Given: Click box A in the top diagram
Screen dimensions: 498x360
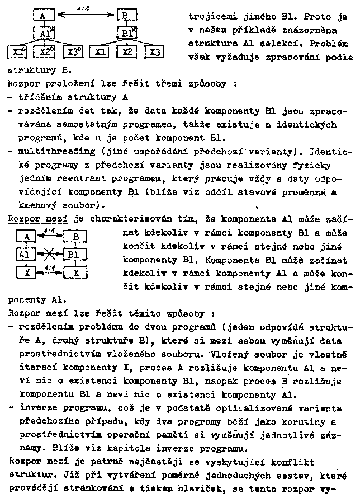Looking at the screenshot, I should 43,16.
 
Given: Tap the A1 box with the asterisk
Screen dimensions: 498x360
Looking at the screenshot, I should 44,34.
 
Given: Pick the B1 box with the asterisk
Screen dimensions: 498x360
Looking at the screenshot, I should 127,34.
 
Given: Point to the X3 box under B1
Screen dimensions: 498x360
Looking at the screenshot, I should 154,52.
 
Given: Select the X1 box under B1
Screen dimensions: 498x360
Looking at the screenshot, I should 101,52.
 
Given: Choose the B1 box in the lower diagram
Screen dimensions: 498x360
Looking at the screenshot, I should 75,255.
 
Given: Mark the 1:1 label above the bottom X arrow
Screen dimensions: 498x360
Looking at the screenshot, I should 49,267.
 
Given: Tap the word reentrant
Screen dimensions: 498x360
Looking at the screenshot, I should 86,178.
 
